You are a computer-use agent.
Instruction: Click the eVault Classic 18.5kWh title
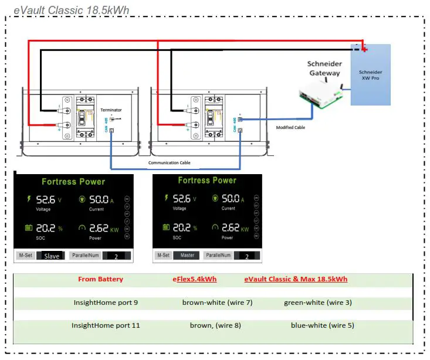point(71,9)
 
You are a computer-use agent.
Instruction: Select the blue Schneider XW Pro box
point(370,74)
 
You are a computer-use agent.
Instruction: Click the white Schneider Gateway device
point(320,94)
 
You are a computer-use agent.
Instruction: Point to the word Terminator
point(111,110)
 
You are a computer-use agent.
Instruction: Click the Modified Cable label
point(290,127)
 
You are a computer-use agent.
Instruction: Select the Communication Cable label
point(169,162)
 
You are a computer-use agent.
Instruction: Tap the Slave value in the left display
point(52,256)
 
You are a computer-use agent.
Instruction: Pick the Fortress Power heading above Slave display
point(73,182)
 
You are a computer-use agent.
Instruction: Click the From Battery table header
point(100,279)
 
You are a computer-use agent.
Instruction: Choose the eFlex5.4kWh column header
point(194,279)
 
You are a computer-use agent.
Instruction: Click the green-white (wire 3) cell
point(317,303)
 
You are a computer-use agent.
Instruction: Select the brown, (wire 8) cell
point(215,325)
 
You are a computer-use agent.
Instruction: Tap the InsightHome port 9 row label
point(106,303)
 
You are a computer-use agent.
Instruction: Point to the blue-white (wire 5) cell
point(322,325)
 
